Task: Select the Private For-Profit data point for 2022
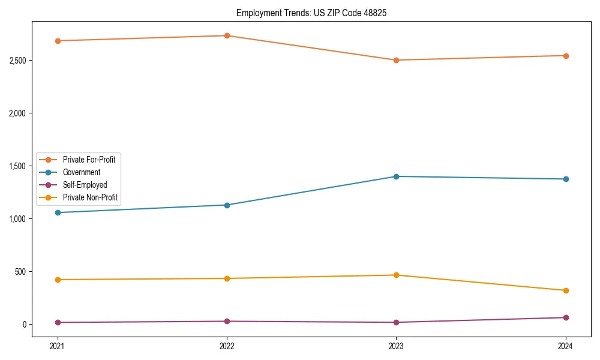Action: pos(227,35)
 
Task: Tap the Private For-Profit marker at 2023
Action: pos(396,60)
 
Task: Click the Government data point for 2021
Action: pos(58,212)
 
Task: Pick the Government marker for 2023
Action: pos(396,176)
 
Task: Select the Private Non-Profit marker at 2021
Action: pos(58,280)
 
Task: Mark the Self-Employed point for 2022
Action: pos(227,321)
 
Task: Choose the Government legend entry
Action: pos(81,172)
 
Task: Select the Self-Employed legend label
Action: pos(85,185)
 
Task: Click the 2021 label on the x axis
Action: pos(58,346)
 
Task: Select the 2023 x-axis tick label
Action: pos(396,346)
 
